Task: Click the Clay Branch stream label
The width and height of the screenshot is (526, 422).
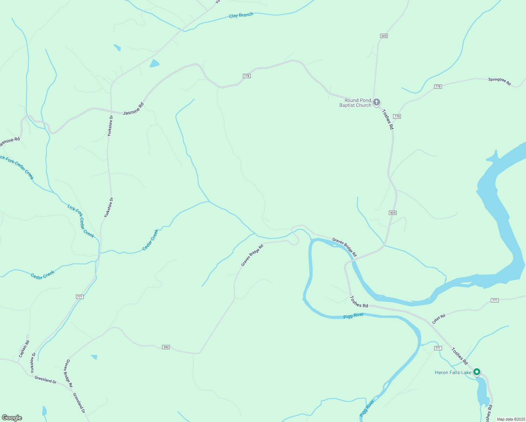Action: click(241, 15)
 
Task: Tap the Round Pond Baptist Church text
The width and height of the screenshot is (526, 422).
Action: click(355, 103)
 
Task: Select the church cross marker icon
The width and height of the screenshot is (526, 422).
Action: click(376, 102)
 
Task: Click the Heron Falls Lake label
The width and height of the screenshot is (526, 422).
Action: click(453, 372)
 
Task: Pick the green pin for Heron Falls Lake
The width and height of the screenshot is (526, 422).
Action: click(477, 372)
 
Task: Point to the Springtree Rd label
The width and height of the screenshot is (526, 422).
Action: click(499, 82)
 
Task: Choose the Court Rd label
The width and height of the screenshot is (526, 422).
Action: click(438, 319)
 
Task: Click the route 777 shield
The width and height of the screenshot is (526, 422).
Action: click(79, 297)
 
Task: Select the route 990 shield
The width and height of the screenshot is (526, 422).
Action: click(166, 347)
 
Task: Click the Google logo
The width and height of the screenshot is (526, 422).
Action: click(12, 418)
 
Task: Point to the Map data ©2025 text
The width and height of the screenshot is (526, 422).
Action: click(511, 419)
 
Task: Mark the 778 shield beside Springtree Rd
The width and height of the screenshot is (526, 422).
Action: click(438, 87)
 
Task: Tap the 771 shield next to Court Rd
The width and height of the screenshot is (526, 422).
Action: click(495, 300)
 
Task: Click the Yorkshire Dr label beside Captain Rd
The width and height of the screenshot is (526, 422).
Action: click(33, 363)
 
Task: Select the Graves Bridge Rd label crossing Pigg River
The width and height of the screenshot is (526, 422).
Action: click(345, 247)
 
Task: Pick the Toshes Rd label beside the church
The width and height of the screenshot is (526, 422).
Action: click(388, 119)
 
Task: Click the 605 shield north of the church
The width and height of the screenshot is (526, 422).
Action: click(384, 36)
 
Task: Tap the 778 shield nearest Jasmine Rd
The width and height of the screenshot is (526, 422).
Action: click(247, 76)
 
